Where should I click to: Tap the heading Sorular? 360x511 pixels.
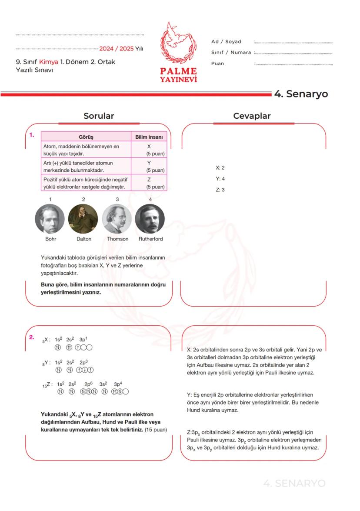[99, 116]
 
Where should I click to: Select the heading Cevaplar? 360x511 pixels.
[252, 116]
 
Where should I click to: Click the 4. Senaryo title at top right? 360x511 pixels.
[301, 94]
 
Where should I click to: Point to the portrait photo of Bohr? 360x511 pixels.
[50, 219]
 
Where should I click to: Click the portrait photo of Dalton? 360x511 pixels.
[83, 219]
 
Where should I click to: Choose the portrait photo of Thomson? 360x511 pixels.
[117, 219]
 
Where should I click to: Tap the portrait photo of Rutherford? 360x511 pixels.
[150, 219]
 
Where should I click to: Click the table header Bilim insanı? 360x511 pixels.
[149, 137]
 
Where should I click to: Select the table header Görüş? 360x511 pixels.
[86, 137]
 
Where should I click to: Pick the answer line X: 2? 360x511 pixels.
[220, 167]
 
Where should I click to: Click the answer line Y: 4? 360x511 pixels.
[220, 179]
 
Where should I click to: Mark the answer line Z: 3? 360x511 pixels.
[220, 190]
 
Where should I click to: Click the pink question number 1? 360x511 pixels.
[32, 135]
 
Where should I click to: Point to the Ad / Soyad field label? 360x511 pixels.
[226, 42]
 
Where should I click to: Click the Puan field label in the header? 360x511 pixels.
[217, 63]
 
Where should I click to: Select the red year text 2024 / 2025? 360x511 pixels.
[117, 49]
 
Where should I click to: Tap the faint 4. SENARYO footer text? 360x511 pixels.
[294, 483]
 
